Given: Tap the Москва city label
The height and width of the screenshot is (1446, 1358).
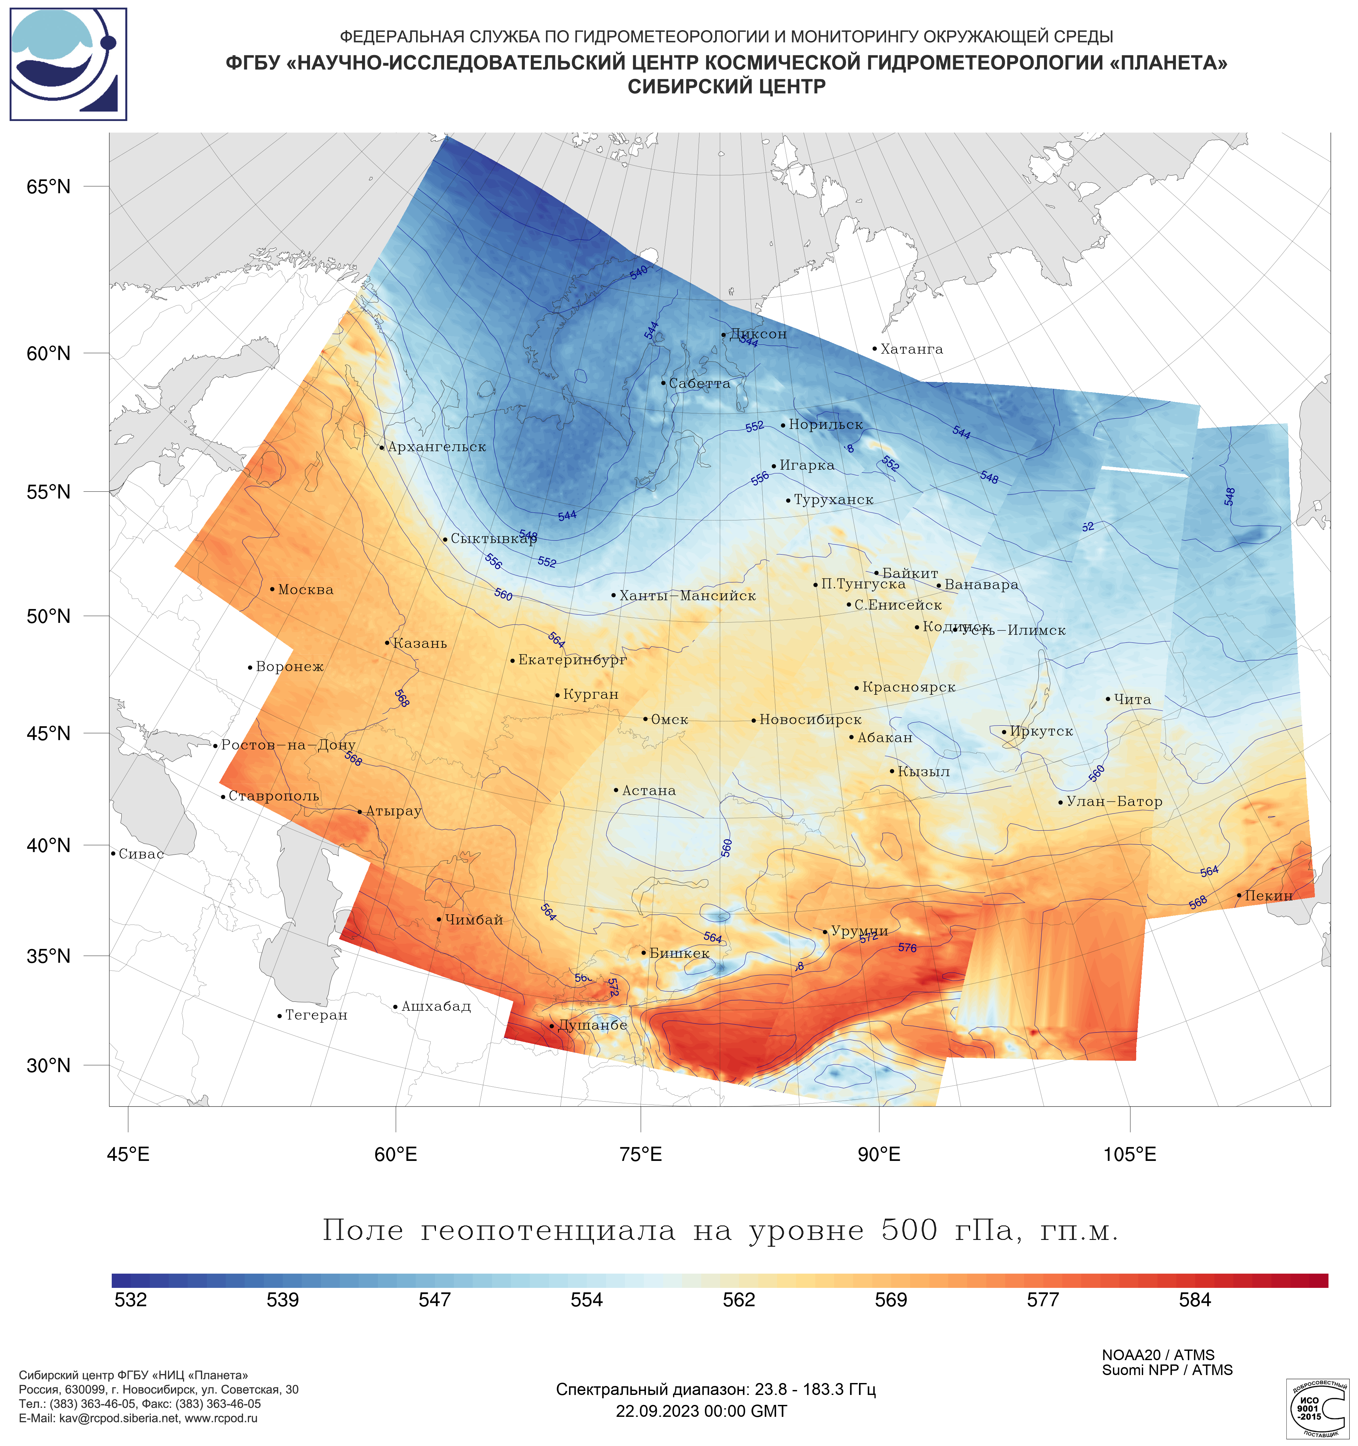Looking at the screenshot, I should pos(305,590).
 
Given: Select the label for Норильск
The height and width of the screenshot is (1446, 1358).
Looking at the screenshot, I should pos(826,425).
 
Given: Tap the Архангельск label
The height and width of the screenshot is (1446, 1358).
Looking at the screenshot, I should pos(436,447).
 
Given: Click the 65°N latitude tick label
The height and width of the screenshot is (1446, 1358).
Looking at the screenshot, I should pos(49,187).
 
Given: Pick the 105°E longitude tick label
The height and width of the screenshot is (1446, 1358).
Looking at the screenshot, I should pos(1130,1154).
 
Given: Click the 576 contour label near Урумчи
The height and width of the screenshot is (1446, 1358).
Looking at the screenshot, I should pos(907,948).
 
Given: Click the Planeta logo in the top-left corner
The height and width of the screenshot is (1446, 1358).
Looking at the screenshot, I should pos(68,64).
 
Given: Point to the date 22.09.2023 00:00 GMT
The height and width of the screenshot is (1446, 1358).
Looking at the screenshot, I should pos(701,1411).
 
